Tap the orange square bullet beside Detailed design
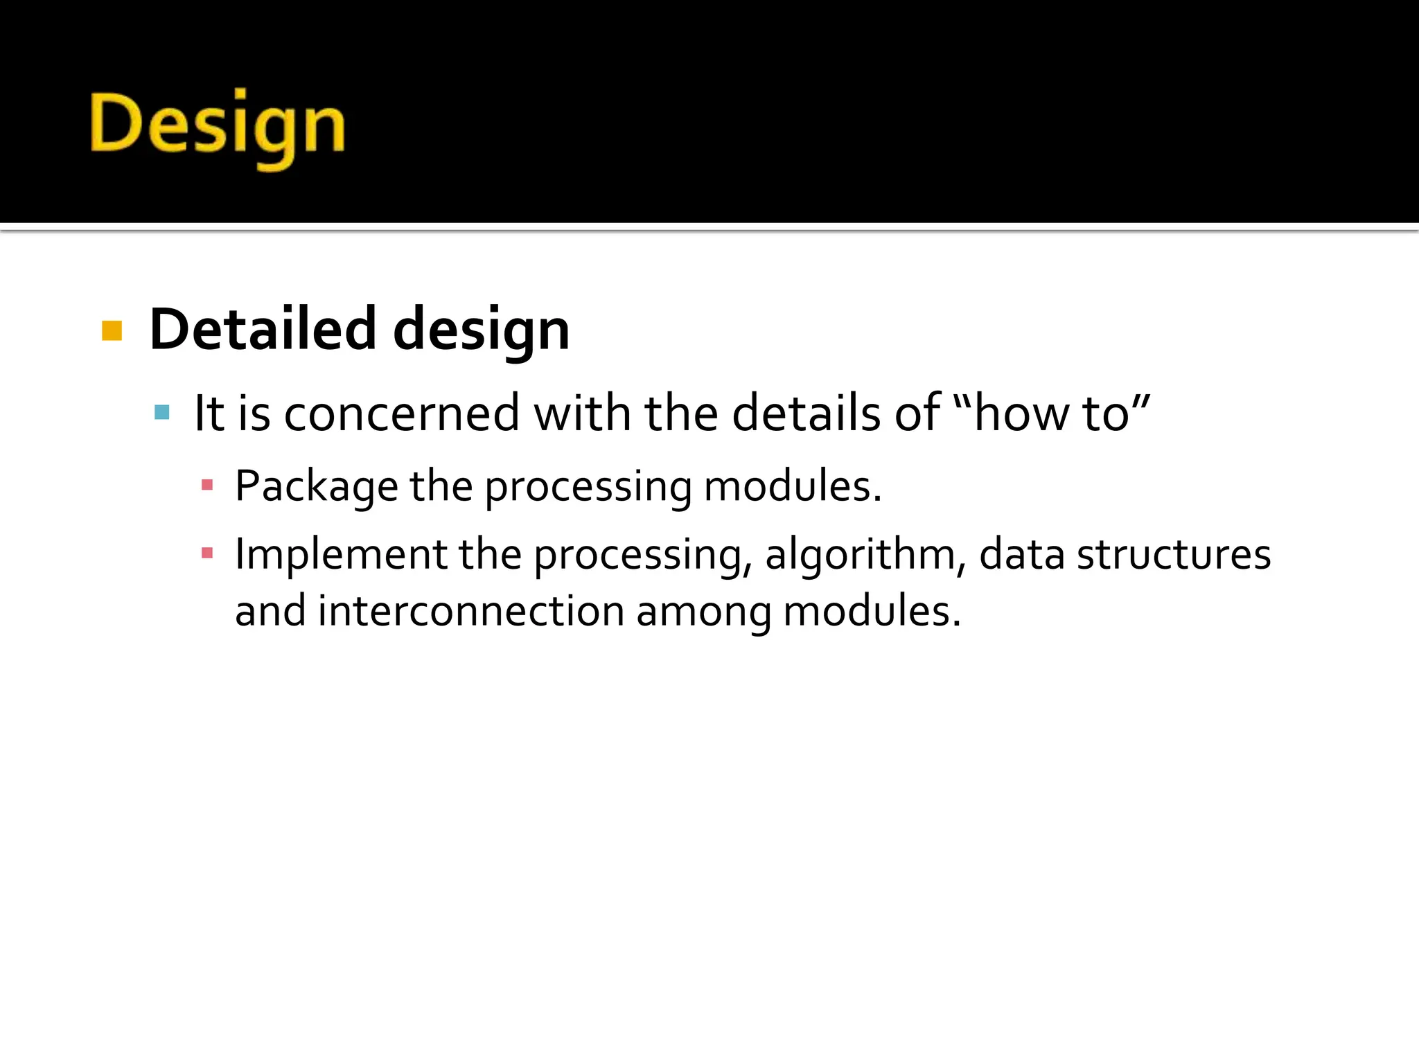112,331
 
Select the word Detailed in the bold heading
263,329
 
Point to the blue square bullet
162,413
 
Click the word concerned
401,414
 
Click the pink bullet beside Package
206,485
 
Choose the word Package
316,487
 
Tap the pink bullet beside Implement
206,553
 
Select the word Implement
340,556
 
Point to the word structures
1173,556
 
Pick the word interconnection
471,612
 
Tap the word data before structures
1021,556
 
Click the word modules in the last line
872,612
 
